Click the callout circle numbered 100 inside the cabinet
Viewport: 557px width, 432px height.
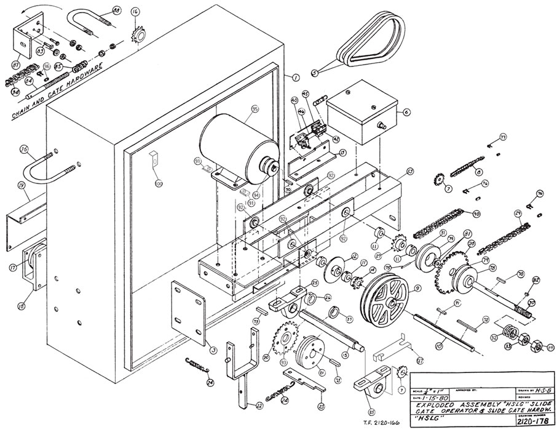[159, 184]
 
